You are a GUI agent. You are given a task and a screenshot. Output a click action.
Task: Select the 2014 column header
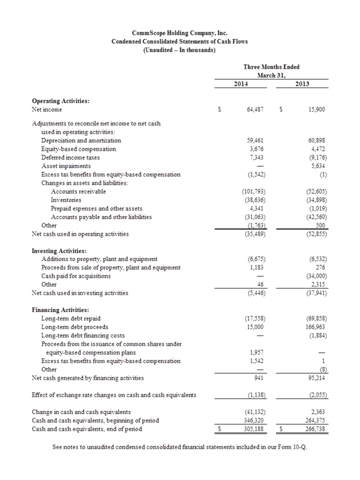coord(241,84)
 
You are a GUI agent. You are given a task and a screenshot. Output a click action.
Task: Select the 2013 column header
coord(304,84)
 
